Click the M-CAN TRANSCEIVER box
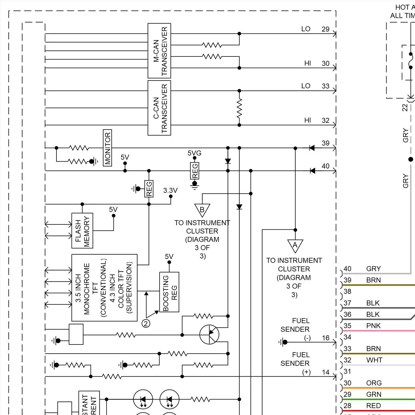(159, 51)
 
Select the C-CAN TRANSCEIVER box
(159, 108)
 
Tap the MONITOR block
(107, 148)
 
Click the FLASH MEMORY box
(82, 230)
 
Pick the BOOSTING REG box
(169, 292)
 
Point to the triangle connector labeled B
(202, 210)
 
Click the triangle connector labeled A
(295, 245)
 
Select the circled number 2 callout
(146, 323)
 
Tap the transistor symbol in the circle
(209, 334)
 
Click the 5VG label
(194, 153)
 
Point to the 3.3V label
(170, 190)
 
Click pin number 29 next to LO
(325, 29)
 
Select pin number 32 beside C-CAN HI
(325, 120)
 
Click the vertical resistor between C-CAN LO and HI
(239, 108)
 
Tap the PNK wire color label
(373, 326)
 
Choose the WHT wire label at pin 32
(374, 360)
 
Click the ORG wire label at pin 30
(374, 383)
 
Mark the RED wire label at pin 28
(373, 406)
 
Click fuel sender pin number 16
(326, 338)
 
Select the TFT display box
(104, 288)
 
